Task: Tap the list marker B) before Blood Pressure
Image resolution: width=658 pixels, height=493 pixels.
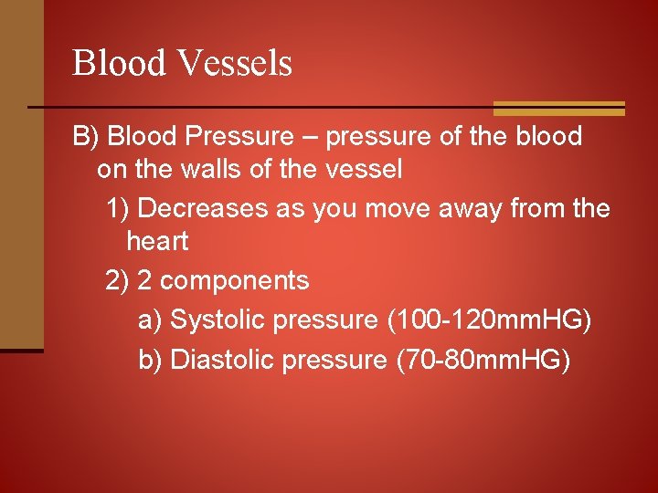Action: point(87,137)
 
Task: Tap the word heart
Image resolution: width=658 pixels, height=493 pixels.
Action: point(157,242)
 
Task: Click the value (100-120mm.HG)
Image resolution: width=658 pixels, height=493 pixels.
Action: point(490,320)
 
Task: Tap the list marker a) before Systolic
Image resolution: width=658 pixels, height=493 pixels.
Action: point(150,320)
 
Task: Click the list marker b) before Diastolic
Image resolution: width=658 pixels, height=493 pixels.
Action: point(150,361)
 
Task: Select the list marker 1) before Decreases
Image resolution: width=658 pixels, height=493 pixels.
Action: point(117,208)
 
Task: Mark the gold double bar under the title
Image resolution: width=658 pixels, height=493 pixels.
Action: point(558,109)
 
